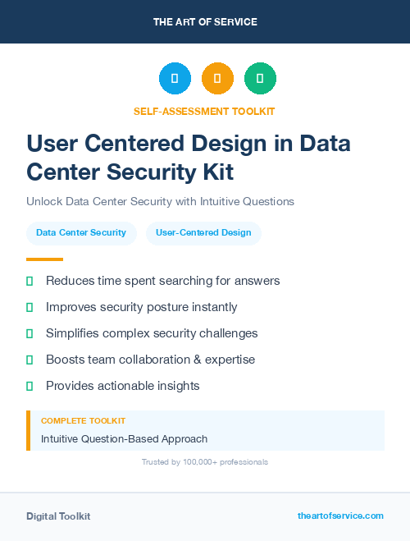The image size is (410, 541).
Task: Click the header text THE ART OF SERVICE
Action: coord(205,22)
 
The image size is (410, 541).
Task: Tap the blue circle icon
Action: coord(175,79)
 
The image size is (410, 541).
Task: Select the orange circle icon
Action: coord(217,79)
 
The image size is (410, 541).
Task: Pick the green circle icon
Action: coord(260,79)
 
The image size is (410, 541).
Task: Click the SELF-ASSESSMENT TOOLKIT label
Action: coord(204,111)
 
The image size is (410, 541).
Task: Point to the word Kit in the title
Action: coord(216,172)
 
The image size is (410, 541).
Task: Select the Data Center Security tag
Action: coord(81,232)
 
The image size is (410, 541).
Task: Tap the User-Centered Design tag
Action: coord(203,232)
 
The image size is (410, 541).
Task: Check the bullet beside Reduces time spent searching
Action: coord(30,281)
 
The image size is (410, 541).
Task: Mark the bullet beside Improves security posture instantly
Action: coord(30,307)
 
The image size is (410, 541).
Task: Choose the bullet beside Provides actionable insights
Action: coord(30,386)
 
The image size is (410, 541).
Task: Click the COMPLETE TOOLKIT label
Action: coord(83,420)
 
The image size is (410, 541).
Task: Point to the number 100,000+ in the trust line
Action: coord(198,462)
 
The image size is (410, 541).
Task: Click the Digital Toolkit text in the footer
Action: coord(58,516)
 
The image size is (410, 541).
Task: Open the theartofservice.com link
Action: coord(340,516)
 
